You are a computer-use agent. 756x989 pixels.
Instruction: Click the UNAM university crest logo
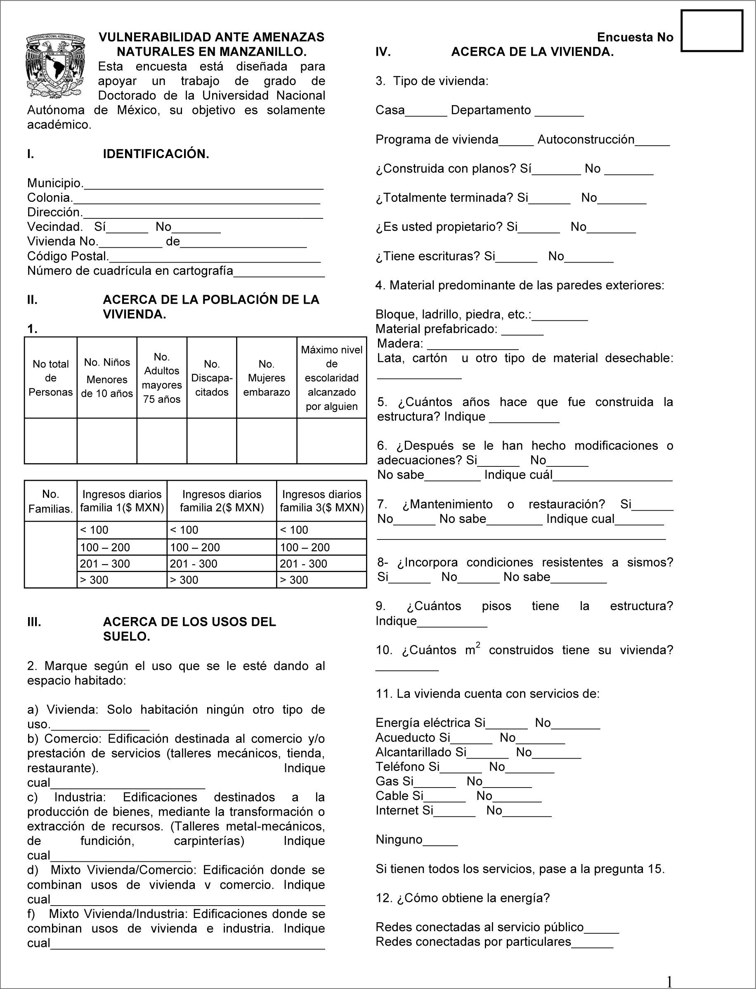(55, 66)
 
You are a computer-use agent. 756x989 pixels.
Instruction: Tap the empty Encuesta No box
(711, 31)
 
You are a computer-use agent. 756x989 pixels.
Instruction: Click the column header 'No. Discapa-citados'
(212, 378)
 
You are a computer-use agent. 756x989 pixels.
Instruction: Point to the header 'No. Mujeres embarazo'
(267, 378)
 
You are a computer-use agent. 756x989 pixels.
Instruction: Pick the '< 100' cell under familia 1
(121, 530)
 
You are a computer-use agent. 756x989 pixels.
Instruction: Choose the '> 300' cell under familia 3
(321, 580)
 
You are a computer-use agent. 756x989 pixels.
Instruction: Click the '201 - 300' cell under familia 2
(222, 563)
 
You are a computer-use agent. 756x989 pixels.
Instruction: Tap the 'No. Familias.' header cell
(50, 501)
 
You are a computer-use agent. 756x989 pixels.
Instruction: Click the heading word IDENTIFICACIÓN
(156, 154)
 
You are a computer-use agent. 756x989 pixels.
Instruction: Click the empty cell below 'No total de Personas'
(50, 441)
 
